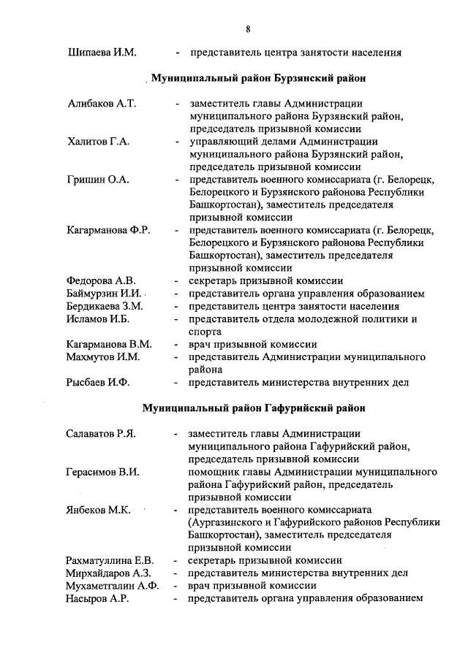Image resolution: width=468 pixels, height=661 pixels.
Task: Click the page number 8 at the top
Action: pos(249,29)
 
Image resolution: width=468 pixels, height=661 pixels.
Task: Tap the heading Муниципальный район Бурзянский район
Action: pos(258,77)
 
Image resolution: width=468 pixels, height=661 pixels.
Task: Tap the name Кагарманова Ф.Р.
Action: pos(108,230)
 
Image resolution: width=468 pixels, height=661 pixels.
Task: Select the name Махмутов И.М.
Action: pos(103,356)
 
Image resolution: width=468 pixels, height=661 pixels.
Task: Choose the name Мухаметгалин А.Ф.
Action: pos(111,585)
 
